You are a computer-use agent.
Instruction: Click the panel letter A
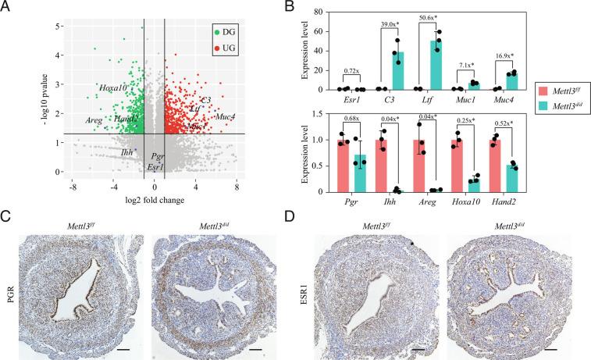(x=6, y=7)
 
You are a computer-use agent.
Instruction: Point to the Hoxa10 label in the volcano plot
(x=115, y=87)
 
